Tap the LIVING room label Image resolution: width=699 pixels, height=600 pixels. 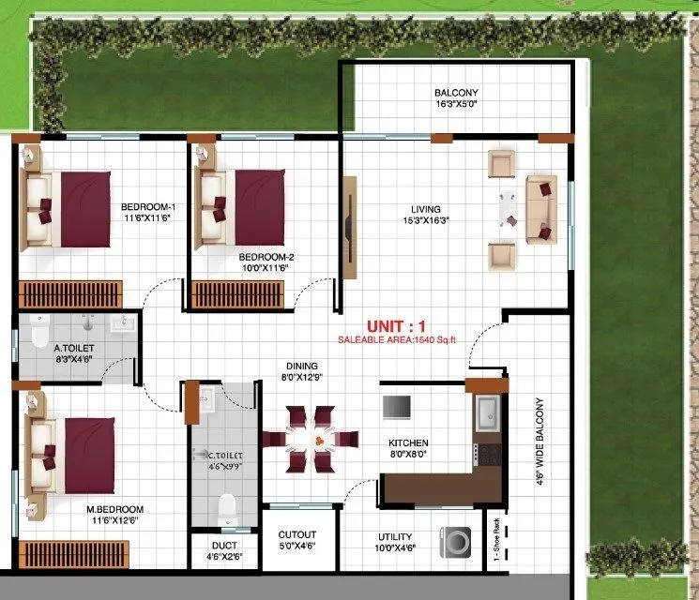(425, 216)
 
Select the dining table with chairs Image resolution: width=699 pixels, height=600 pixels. (310, 439)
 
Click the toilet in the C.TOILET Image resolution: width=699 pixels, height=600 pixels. (226, 509)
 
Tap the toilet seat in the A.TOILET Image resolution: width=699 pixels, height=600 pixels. (38, 332)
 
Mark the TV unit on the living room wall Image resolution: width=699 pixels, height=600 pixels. (349, 228)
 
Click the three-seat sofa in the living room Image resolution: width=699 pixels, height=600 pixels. (540, 209)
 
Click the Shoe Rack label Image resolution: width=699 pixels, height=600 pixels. (495, 541)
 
